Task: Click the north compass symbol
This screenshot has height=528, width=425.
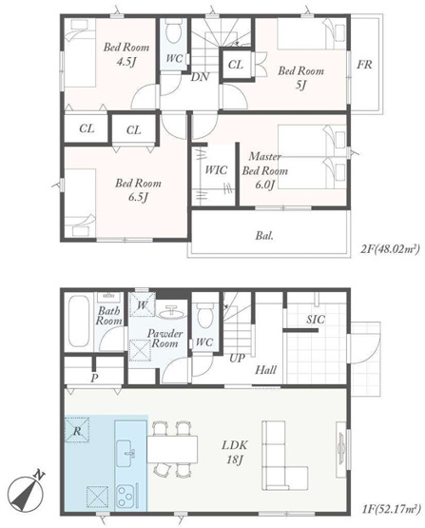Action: click(26, 492)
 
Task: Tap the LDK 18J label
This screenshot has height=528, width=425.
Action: click(234, 452)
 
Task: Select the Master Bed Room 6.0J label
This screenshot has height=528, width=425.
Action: click(265, 170)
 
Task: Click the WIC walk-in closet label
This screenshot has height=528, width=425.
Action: click(216, 169)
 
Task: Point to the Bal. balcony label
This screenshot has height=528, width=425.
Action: click(264, 235)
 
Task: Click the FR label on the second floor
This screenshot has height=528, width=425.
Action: click(364, 64)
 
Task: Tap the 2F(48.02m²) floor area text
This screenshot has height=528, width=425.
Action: click(390, 249)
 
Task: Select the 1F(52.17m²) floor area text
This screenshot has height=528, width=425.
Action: click(391, 508)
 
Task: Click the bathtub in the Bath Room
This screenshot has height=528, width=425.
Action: click(79, 321)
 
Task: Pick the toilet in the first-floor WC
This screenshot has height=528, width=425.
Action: click(204, 315)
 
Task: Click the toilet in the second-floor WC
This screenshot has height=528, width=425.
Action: click(174, 31)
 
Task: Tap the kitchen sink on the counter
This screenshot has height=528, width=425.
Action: click(126, 453)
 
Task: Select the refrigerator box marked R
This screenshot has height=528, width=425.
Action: click(77, 429)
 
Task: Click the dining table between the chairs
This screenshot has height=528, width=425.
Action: click(172, 449)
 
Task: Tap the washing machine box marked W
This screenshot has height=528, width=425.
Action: click(143, 304)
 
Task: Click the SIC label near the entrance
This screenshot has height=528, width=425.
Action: click(316, 320)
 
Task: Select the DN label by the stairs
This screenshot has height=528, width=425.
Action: click(200, 77)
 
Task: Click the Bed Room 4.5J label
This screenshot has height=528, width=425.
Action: click(126, 54)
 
